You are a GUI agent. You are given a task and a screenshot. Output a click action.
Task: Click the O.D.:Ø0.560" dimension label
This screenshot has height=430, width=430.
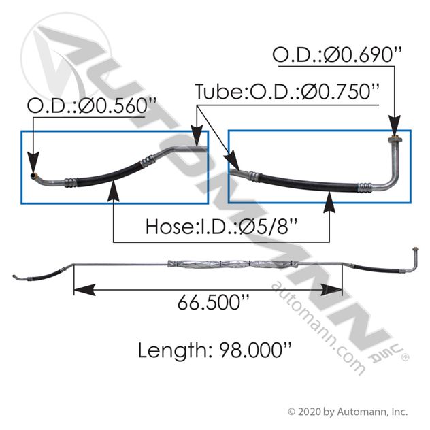(92, 105)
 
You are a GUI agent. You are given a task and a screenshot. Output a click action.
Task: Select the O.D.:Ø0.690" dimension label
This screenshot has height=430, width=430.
(337, 54)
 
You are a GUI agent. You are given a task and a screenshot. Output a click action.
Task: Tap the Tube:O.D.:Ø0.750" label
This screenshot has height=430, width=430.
(287, 91)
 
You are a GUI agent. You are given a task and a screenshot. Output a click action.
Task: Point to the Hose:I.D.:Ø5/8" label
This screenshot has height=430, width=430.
(222, 227)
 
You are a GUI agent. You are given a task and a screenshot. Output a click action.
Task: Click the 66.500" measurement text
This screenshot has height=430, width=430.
(214, 302)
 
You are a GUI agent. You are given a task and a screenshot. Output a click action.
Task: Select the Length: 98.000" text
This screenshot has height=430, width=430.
(214, 350)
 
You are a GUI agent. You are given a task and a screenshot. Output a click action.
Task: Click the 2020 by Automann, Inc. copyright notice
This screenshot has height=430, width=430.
(348, 412)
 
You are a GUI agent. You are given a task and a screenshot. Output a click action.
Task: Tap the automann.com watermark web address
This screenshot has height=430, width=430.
(318, 328)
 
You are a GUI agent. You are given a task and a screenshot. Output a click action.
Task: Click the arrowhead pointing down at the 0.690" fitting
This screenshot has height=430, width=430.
(395, 125)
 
